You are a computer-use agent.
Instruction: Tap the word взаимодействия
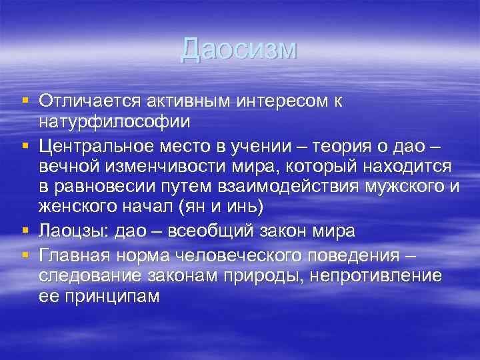[280, 186]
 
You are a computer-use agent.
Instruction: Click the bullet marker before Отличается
[24, 101]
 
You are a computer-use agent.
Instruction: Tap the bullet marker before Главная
[24, 254]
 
